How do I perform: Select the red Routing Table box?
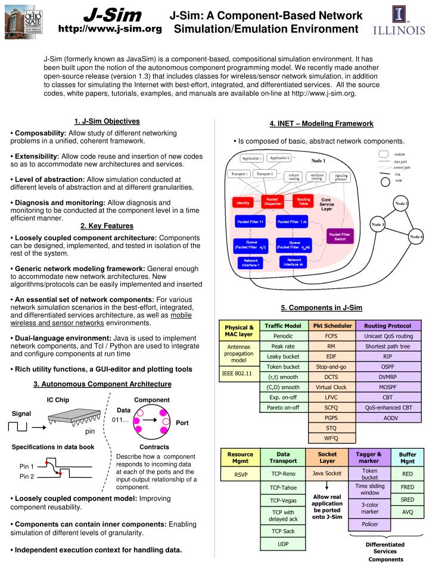pyautogui.click(x=303, y=202)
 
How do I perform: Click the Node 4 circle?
pyautogui.click(x=416, y=237)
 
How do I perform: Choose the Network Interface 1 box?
pyautogui.click(x=250, y=262)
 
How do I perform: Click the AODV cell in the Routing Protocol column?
pyautogui.click(x=388, y=418)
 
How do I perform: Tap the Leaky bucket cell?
pyautogui.click(x=282, y=356)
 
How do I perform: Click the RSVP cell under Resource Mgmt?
pyautogui.click(x=240, y=474)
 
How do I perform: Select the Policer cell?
pyautogui.click(x=369, y=524)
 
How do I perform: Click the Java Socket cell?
pyautogui.click(x=327, y=474)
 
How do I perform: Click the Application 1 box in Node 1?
pyautogui.click(x=252, y=158)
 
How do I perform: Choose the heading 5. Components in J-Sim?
pyautogui.click(x=321, y=307)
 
